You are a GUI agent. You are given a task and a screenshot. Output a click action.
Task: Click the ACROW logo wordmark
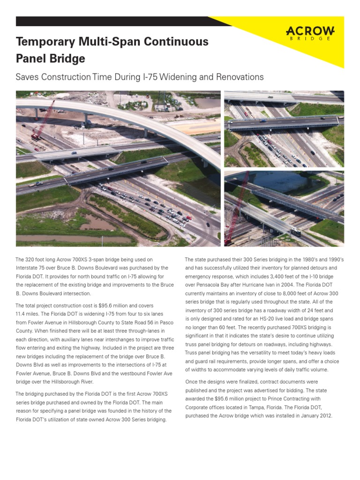(310, 31)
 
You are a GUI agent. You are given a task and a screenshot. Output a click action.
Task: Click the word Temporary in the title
(45, 42)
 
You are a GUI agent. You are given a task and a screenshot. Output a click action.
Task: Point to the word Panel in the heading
(33, 59)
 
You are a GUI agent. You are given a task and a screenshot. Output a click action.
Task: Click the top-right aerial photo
(284, 129)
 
